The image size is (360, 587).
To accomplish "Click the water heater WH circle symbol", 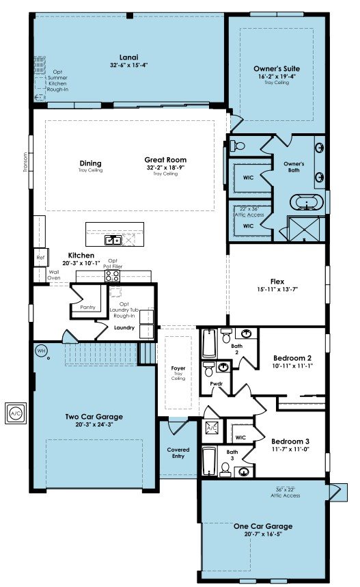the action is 41,351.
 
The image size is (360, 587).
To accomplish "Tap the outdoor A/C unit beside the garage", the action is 16,413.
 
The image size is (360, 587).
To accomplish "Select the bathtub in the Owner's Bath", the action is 307,202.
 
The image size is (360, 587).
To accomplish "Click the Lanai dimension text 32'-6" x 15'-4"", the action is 128,65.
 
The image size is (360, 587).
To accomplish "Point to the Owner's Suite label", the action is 277,68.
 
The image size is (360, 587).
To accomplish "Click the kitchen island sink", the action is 113,240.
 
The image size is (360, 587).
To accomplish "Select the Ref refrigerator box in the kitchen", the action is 40,258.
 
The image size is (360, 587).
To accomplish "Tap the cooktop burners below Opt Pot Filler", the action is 112,276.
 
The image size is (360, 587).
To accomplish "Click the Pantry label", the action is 88,308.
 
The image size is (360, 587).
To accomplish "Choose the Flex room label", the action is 277,281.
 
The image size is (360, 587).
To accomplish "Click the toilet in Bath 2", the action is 226,336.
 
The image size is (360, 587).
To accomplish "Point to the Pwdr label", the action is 217,384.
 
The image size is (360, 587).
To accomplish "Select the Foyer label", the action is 178,368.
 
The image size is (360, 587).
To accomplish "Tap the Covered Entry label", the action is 178,452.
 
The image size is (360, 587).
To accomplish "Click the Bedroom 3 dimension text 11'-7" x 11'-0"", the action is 290,449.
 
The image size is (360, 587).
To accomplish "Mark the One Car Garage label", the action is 263,526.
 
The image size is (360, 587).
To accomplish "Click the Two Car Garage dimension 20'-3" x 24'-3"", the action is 94,424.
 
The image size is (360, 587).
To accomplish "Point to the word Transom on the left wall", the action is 25,162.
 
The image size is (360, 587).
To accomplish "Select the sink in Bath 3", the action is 245,472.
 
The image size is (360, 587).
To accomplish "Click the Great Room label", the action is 165,159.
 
